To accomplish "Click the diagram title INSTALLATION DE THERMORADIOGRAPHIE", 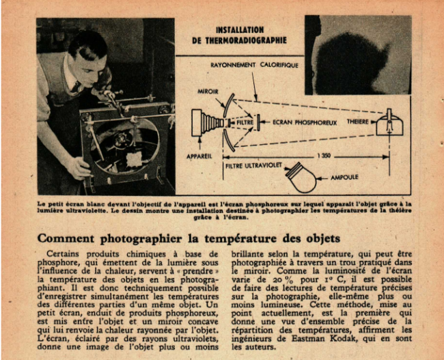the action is [240, 35].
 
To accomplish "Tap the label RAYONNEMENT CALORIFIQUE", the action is [254, 65].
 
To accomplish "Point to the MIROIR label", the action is [208, 92].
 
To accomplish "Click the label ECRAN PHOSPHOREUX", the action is [305, 123].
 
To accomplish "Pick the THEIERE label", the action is [358, 122].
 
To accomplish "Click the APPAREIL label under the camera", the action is [199, 156].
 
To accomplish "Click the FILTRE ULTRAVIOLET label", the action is [253, 166].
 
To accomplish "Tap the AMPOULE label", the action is [344, 178].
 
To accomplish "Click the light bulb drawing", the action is [301, 178].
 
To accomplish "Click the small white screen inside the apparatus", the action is [134, 159].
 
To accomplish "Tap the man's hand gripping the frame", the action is [79, 168].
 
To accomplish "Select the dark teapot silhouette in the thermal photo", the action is [353, 64].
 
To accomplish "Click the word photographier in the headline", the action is [141, 239].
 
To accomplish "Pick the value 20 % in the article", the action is [279, 280].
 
